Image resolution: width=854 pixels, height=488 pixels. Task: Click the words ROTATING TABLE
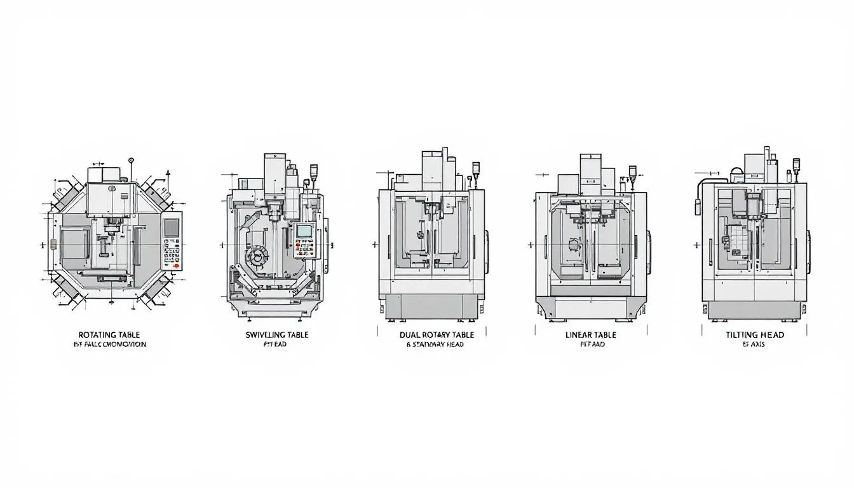tap(109, 334)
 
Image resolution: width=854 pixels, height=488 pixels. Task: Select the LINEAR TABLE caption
tap(591, 334)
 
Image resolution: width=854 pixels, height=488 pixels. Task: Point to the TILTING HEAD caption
tap(755, 334)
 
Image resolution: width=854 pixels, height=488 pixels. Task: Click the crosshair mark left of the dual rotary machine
tap(374, 245)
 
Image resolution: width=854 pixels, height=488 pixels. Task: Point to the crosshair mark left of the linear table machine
tap(531, 245)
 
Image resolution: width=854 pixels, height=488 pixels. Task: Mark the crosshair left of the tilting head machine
tap(697, 245)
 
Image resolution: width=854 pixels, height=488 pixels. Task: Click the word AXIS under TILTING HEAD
tap(760, 345)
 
